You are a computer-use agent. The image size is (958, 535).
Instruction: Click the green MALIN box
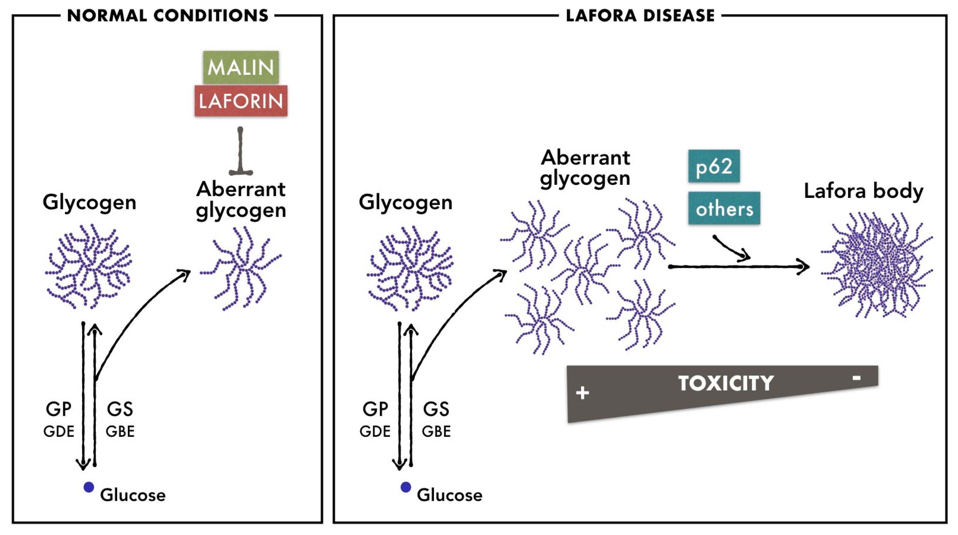tap(241, 67)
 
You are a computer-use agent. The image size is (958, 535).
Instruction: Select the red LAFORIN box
tap(241, 101)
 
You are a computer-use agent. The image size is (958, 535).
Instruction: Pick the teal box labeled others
tap(724, 208)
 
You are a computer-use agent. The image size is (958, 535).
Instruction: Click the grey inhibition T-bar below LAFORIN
tap(241, 153)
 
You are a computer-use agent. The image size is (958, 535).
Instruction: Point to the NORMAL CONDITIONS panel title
tap(168, 16)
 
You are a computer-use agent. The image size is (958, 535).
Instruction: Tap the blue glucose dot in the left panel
tap(88, 487)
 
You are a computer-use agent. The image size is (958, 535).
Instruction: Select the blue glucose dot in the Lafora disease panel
tap(406, 487)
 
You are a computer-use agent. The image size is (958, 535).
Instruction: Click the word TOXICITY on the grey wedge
tap(725, 383)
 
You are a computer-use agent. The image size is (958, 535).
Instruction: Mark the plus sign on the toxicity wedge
tap(582, 393)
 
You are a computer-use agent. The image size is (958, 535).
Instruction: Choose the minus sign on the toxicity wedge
tap(856, 378)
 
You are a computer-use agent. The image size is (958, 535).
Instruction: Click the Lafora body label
tap(863, 191)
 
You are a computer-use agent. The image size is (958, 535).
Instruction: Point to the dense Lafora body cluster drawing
tap(877, 265)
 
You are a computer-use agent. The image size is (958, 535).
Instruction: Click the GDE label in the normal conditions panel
tap(59, 432)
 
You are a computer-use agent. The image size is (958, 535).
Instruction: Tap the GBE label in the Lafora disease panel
tap(436, 432)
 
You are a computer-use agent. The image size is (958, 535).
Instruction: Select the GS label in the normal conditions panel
tap(120, 409)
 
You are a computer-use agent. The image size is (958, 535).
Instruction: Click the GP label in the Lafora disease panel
tap(375, 409)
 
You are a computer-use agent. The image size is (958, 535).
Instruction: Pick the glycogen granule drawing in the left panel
tap(88, 266)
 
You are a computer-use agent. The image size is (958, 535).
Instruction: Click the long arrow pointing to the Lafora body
tap(738, 267)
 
